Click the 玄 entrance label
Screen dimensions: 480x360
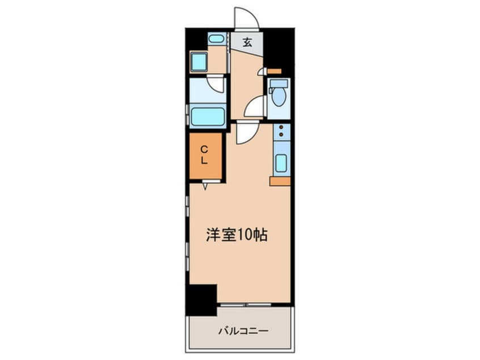(247, 42)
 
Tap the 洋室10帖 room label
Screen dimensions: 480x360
(237, 235)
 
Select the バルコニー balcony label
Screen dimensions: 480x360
(243, 331)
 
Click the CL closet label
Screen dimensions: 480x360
(204, 156)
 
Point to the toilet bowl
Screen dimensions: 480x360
(279, 96)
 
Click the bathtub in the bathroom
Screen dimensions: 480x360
(208, 116)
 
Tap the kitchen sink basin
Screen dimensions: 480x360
(281, 163)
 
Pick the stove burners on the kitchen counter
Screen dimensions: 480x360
(281, 130)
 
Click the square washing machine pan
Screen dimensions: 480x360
(199, 61)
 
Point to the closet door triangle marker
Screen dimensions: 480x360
(205, 186)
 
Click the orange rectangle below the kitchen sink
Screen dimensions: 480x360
(280, 181)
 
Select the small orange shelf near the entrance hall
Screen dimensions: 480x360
(274, 71)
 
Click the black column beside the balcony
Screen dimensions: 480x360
(201, 300)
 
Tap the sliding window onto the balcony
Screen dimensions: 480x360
(246, 304)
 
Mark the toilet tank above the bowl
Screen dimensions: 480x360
(279, 83)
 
